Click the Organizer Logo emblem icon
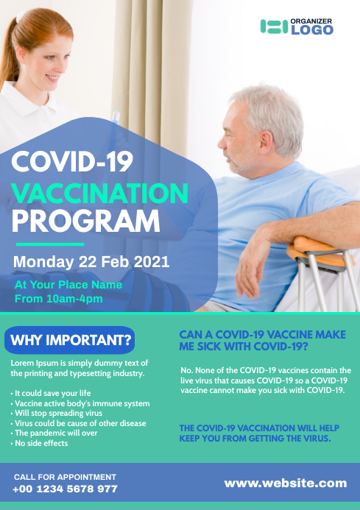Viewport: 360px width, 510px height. point(274,26)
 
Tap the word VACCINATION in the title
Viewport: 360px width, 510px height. point(101,194)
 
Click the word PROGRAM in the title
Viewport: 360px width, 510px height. point(86,221)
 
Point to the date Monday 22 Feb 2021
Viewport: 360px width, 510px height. point(91,261)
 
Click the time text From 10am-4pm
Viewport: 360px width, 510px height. point(59,299)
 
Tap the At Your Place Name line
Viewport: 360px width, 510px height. point(68,284)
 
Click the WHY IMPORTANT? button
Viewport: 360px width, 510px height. point(70,340)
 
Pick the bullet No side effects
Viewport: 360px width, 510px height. point(40,443)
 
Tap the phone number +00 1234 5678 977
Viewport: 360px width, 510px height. point(65,489)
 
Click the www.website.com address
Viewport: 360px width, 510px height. point(285,484)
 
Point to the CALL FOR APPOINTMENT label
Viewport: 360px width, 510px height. point(65,477)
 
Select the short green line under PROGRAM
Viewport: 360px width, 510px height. point(50,244)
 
